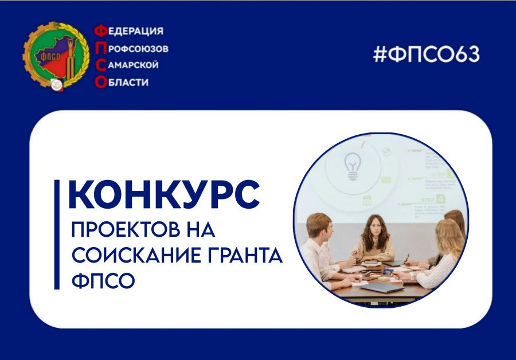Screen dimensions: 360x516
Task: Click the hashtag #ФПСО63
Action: pos(426,54)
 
